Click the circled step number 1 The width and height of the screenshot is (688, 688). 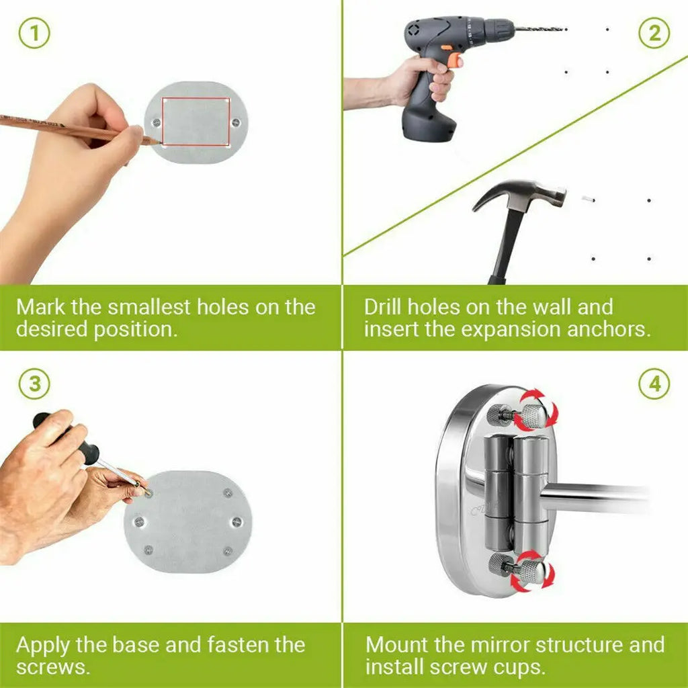34,33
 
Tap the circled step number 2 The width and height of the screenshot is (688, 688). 654,33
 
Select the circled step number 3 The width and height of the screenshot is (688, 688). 34,384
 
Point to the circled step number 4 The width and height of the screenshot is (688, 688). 654,384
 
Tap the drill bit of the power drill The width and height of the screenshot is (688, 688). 540,29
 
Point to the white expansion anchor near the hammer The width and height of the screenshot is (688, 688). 588,199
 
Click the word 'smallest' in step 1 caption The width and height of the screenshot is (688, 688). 148,306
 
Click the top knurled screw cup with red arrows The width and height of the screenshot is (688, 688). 532,415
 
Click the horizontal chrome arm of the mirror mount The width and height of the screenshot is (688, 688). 597,497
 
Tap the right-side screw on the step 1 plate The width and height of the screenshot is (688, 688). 236,122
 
